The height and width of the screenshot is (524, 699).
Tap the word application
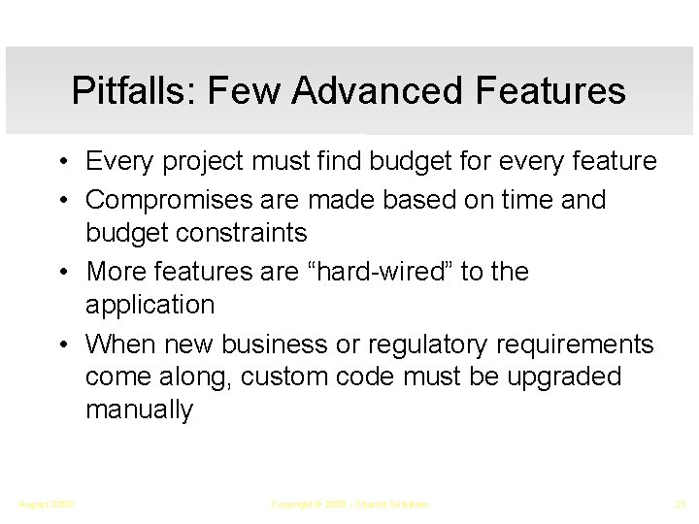coord(150,306)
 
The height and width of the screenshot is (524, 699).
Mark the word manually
coord(139,410)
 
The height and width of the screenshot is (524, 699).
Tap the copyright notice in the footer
coord(349,505)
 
